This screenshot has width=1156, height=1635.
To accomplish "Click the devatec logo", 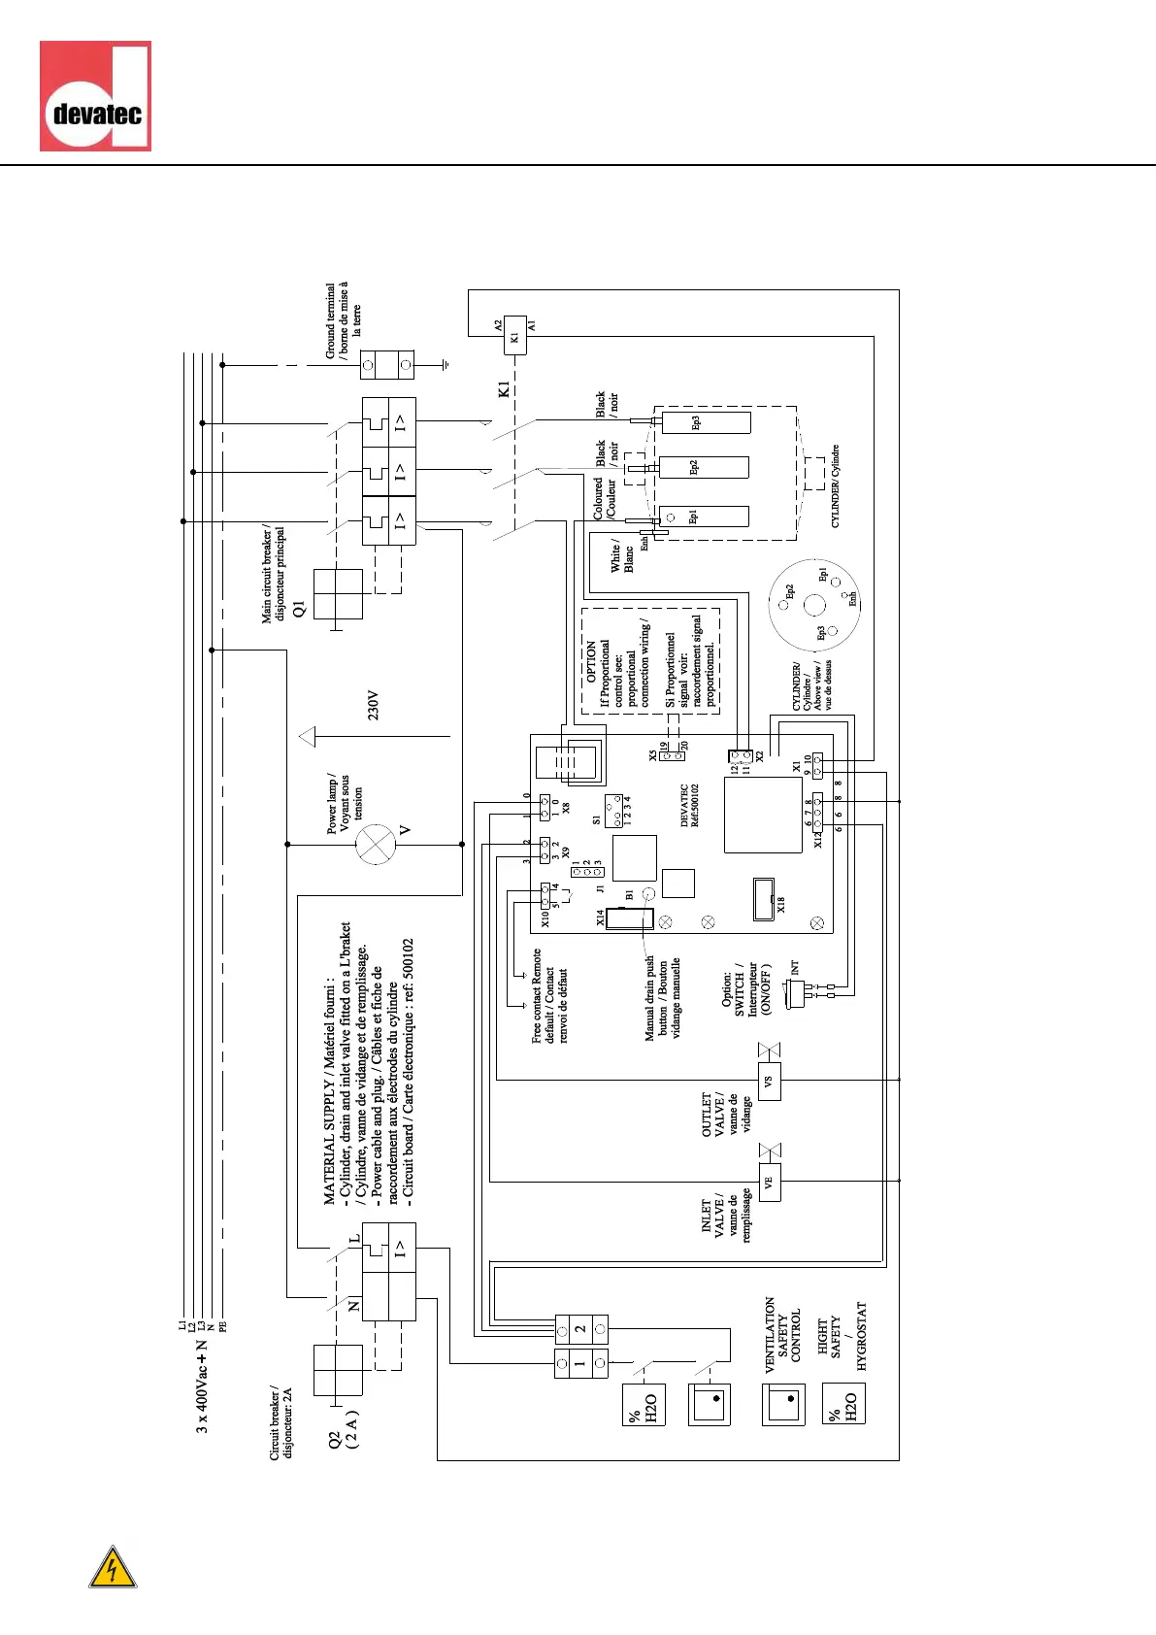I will [x=95, y=96].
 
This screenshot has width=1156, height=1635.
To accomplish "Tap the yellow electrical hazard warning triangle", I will [x=113, y=1567].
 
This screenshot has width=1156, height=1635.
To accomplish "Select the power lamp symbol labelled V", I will [x=376, y=845].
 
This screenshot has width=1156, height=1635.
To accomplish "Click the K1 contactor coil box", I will [x=514, y=336].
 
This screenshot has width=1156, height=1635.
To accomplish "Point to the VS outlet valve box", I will [x=769, y=1081].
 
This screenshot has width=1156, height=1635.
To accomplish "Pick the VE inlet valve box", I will [x=769, y=1183].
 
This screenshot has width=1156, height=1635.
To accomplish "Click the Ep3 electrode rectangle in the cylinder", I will [x=705, y=422].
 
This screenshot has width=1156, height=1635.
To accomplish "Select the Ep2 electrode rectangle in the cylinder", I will [x=704, y=468].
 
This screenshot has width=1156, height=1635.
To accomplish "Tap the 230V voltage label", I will [x=374, y=705].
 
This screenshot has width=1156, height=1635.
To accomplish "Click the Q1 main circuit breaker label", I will [x=299, y=609].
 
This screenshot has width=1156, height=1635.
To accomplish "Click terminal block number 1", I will [x=580, y=1363].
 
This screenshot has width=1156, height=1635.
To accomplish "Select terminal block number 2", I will [x=580, y=1328].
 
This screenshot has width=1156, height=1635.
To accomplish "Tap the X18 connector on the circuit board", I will [x=764, y=899].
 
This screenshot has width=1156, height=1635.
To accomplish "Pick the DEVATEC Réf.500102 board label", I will [x=689, y=806].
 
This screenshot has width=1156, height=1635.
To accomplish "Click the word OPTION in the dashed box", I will [x=591, y=661].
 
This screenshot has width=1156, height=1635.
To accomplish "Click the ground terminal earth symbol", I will [x=445, y=366].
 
